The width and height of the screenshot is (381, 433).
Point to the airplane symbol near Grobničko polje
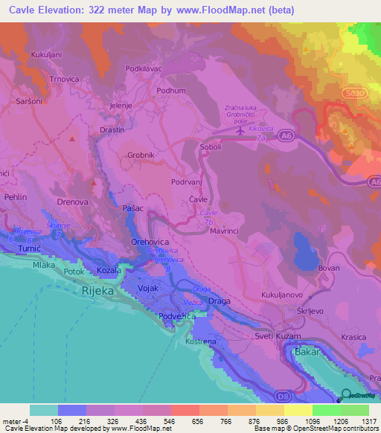click(240, 130)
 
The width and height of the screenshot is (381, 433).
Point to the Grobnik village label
click(140, 155)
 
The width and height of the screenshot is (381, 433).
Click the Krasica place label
click(353, 316)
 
